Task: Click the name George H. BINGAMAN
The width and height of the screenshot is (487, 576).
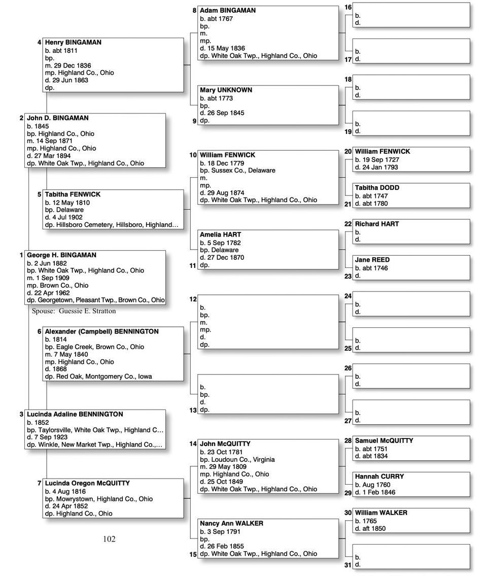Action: pos(61,255)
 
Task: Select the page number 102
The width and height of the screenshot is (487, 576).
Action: pos(109,539)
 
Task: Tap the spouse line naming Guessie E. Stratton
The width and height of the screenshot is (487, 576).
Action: pos(74,311)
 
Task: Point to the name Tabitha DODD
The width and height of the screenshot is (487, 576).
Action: pos(377,188)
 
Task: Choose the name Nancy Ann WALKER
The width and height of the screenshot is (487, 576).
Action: pos(231,523)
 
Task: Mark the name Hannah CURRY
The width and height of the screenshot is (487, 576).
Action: pos(379,477)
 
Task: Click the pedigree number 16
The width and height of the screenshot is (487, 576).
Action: pos(348,8)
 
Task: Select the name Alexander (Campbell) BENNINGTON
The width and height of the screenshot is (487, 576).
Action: pos(101,331)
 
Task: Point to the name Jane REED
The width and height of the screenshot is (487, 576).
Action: pos(372,260)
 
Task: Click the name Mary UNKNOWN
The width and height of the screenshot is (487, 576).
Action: pos(226,90)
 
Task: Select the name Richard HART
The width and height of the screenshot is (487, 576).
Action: pos(377,224)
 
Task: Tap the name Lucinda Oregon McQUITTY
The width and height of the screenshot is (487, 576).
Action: pos(87,483)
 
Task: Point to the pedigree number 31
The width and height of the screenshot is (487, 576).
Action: pos(348,565)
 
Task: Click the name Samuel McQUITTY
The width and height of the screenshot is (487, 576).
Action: pos(384,441)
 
